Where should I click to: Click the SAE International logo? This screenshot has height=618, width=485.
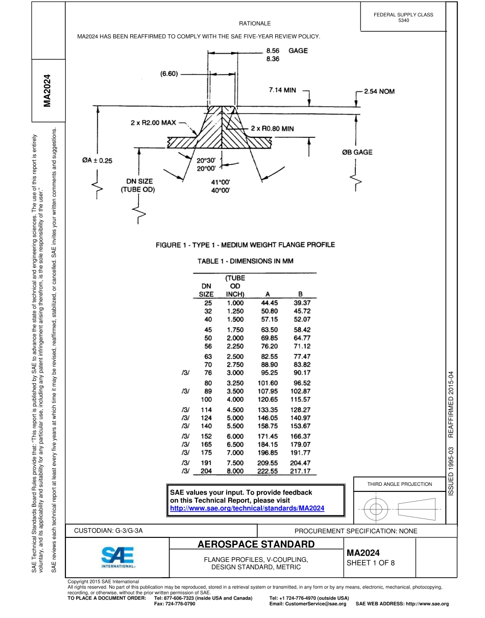coord(118,557)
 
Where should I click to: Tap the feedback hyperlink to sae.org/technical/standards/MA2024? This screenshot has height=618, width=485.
coord(247,508)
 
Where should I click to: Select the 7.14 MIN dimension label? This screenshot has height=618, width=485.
coord(282,90)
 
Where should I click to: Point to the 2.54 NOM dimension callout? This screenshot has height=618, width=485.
coord(379,91)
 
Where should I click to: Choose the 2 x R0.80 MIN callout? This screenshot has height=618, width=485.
coord(272,129)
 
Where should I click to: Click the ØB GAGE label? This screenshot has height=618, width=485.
coord(357,152)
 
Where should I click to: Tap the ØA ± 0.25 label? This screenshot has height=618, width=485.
coord(97,160)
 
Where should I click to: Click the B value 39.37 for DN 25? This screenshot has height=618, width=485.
coord(302,303)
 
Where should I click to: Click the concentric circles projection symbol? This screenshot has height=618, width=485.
coord(376,509)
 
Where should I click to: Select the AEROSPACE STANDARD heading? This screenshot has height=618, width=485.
coord(256,544)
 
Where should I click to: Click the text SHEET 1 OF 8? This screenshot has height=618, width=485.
coord(371,563)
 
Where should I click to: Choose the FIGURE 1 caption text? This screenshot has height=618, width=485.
coord(245,245)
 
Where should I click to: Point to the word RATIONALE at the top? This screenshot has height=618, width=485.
coord(255,23)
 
